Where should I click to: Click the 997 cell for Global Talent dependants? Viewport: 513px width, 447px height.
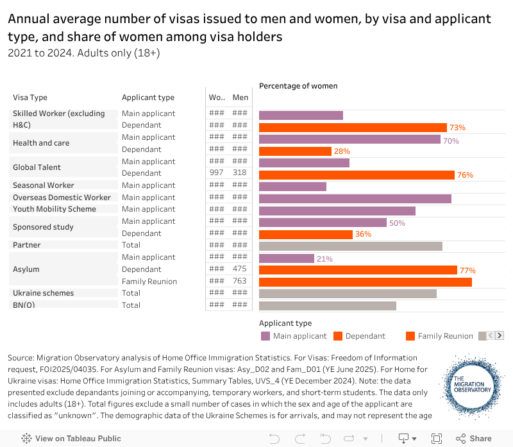coord(217,173)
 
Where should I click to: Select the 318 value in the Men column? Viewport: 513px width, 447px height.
coord(240,173)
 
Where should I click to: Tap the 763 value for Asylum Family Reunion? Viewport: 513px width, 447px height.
coord(240,282)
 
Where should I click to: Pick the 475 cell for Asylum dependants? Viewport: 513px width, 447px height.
coord(240,269)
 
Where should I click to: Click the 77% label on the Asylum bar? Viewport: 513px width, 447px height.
coord(467,271)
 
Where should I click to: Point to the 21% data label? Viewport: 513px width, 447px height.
coord(324,258)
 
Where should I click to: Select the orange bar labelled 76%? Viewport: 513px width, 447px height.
coord(357,174)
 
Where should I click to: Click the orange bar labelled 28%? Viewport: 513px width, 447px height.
coord(295,151)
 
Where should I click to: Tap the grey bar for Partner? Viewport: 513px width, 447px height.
coord(350,246)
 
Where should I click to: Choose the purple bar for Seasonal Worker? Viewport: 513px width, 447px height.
coord(292,187)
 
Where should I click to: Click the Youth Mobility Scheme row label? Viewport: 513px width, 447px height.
coord(55,209)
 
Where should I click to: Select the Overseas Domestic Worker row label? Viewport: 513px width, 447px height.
coord(62,198)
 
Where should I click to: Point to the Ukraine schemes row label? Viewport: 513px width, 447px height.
coord(43,293)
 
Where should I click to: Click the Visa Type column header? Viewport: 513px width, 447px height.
coord(30,97)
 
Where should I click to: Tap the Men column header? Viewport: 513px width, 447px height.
coord(240,97)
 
